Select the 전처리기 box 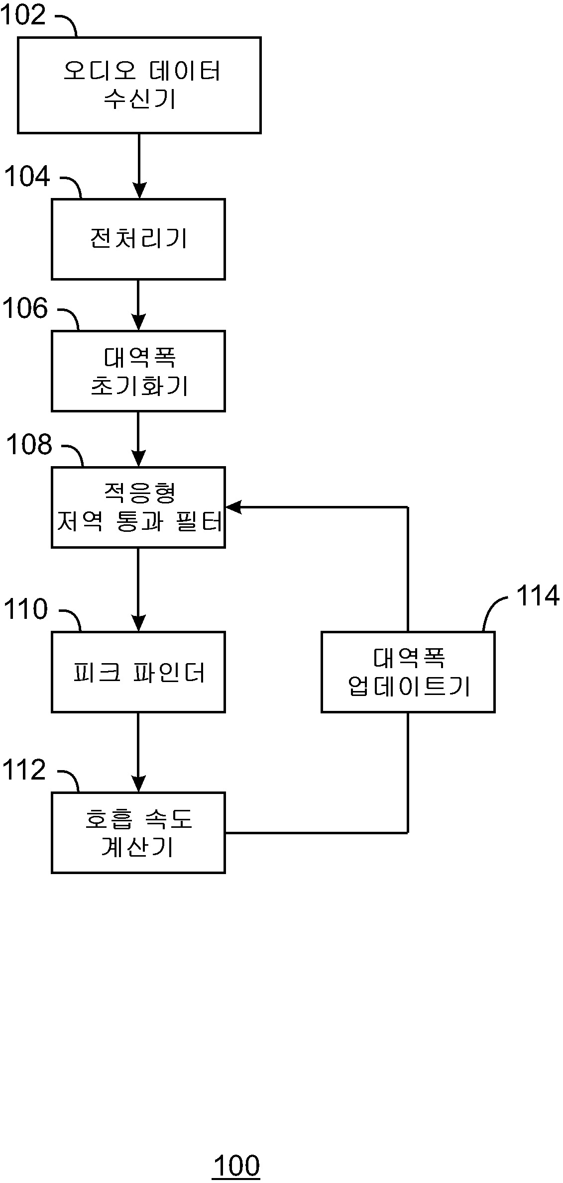[x=138, y=239]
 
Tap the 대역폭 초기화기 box [x=138, y=371]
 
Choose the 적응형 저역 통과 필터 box [x=138, y=507]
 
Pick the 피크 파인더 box [x=138, y=672]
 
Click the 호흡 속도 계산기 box [x=138, y=833]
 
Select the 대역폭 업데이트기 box [x=408, y=672]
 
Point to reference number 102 [x=23, y=14]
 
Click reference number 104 [x=27, y=177]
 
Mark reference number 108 [x=29, y=444]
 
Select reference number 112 [x=24, y=770]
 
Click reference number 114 [x=538, y=595]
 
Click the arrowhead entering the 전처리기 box [x=139, y=191]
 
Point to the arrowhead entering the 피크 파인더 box [x=138, y=624]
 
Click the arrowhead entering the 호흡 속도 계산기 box [x=138, y=785]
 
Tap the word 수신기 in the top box [x=140, y=99]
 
